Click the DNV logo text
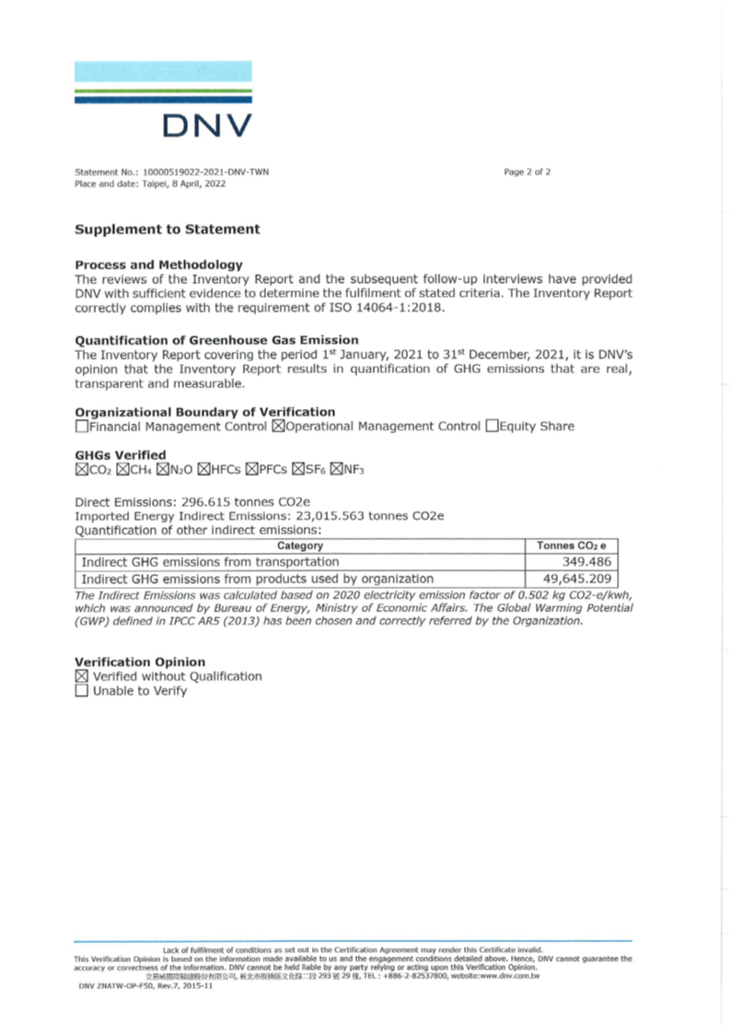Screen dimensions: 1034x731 (206, 125)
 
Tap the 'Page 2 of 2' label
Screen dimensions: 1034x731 (528, 172)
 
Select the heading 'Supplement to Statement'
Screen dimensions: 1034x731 (167, 229)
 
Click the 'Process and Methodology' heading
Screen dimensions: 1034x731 (158, 264)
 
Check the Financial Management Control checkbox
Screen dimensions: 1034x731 (82, 427)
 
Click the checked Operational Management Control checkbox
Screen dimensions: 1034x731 (279, 427)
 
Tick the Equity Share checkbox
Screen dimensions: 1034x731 (492, 427)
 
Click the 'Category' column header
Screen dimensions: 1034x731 (299, 546)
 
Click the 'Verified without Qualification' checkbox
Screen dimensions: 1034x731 (82, 676)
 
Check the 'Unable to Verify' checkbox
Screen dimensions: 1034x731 (82, 691)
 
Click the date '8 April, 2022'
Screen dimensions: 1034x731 (188, 184)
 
